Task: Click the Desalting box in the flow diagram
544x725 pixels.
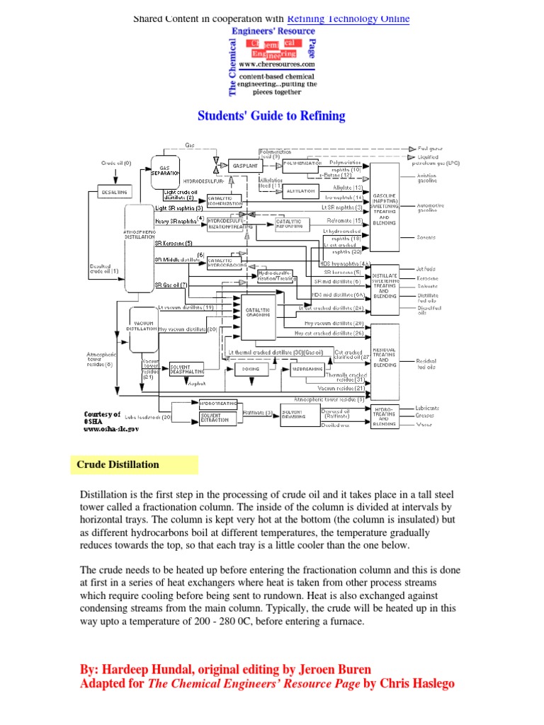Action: [113, 192]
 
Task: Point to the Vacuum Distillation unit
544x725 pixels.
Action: [142, 326]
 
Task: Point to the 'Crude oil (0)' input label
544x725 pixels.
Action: [116, 163]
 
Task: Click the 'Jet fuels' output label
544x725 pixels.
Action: [428, 268]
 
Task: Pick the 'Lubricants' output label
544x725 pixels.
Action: [429, 408]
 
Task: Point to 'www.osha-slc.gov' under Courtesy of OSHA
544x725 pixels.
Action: [111, 428]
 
